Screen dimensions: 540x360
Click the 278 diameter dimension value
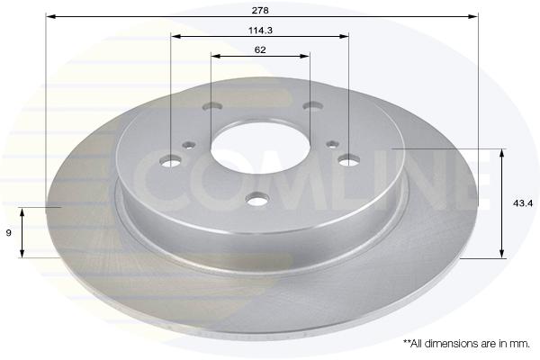pos(260,10)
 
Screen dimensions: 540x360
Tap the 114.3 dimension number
pos(260,31)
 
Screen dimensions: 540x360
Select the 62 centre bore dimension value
pos(260,49)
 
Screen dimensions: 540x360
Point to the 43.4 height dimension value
pos(523,203)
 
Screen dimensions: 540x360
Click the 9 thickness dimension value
pos(9,233)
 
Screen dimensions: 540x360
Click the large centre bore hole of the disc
pos(260,147)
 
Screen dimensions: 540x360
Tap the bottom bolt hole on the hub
pos(257,200)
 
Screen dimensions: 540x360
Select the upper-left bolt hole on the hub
pos(212,106)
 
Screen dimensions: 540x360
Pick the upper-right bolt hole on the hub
pos(312,105)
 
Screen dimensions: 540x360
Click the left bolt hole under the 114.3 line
pos(171,161)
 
